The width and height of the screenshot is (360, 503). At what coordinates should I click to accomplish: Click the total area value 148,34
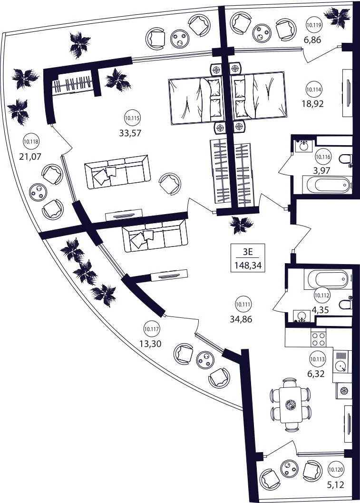[x=248, y=266]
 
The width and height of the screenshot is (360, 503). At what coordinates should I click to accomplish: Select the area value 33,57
[x=130, y=133]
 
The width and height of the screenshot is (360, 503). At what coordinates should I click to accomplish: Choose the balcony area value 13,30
[x=150, y=344]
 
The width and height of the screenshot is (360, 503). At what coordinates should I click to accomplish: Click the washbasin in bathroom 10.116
[x=303, y=146]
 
